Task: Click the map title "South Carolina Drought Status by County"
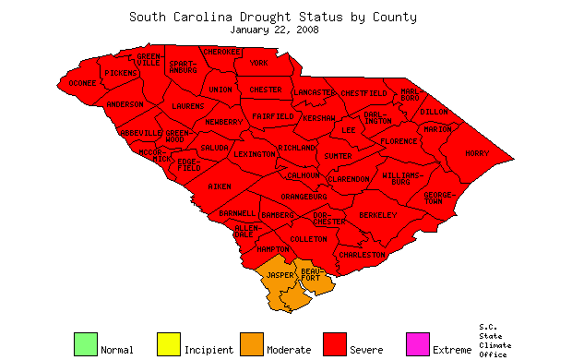pyautogui.click(x=272, y=17)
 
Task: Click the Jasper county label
pyautogui.click(x=280, y=276)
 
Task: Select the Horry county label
pyautogui.click(x=477, y=153)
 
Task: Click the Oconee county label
pyautogui.click(x=83, y=83)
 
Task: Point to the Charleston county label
pyautogui.click(x=362, y=254)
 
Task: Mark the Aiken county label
pyautogui.click(x=220, y=186)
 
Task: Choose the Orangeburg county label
pyautogui.click(x=304, y=197)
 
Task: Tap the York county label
pyautogui.click(x=258, y=63)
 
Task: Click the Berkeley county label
pyautogui.click(x=377, y=215)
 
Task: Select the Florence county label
pyautogui.click(x=399, y=141)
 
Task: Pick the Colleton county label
pyautogui.click(x=308, y=239)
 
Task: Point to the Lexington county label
pyautogui.click(x=255, y=153)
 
